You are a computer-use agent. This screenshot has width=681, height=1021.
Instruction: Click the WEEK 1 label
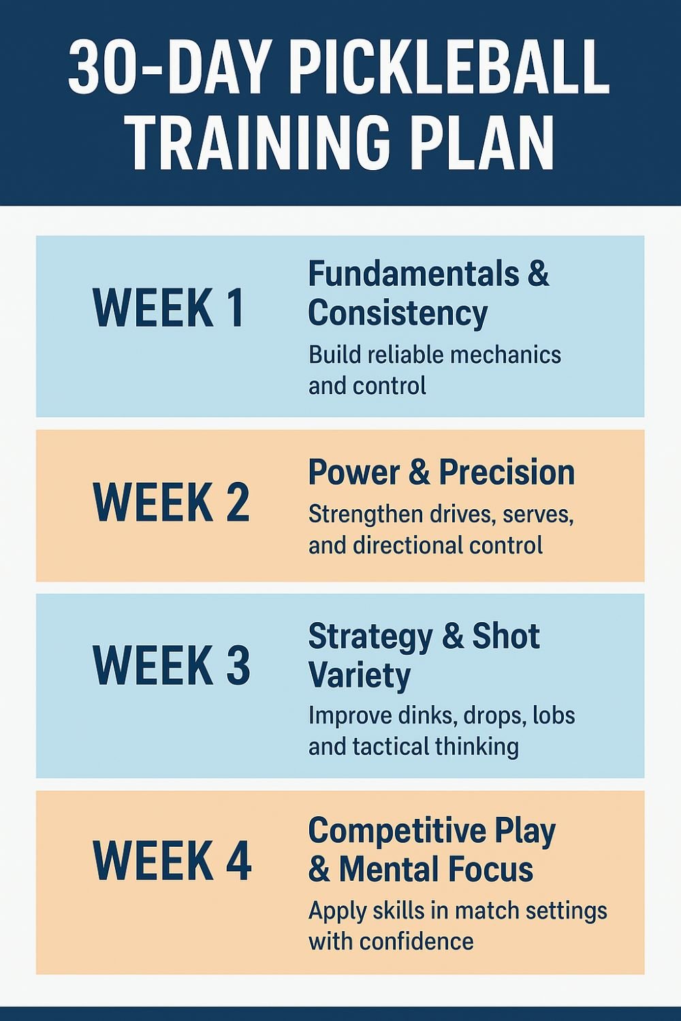(x=169, y=308)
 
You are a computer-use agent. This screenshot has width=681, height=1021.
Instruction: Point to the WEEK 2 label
(x=171, y=502)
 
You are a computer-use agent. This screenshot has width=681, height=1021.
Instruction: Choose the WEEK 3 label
(x=171, y=664)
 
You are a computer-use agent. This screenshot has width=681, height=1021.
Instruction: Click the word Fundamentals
(x=412, y=274)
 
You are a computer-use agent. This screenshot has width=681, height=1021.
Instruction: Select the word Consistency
(x=398, y=313)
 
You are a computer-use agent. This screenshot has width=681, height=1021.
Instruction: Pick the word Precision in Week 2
(x=507, y=472)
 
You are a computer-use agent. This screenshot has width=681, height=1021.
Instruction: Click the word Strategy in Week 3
(x=370, y=637)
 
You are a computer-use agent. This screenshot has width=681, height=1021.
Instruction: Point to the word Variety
(x=360, y=675)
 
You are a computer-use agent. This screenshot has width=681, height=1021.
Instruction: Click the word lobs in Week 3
(x=554, y=715)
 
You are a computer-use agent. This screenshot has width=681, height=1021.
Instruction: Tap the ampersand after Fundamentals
(x=538, y=274)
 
